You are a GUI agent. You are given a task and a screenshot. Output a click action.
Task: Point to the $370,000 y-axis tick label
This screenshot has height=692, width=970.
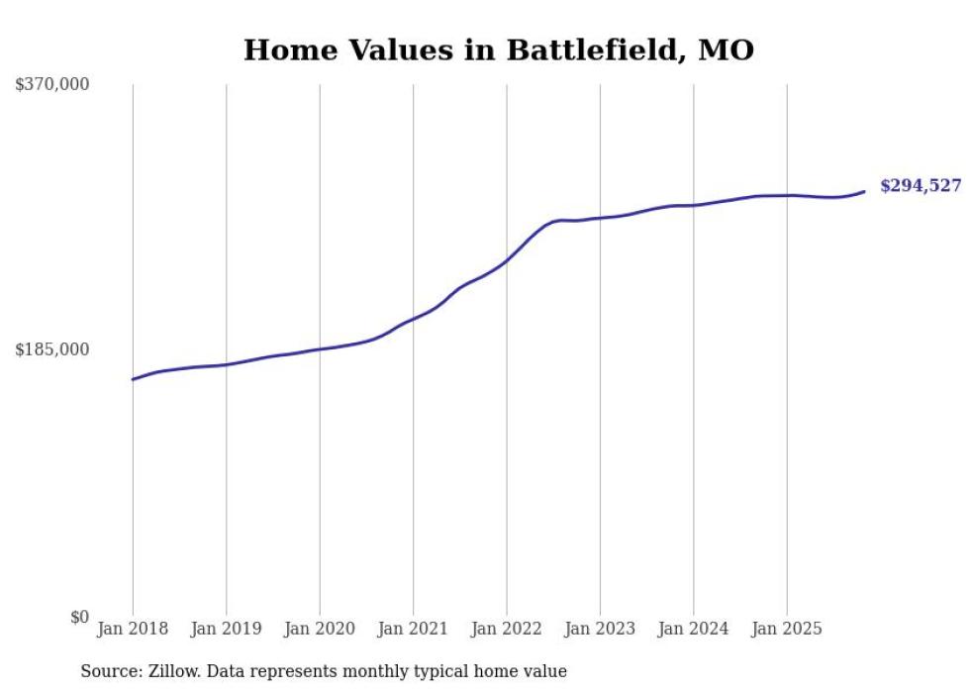point(52,85)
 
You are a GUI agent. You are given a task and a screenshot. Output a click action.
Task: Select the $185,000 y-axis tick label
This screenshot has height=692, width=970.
point(52,349)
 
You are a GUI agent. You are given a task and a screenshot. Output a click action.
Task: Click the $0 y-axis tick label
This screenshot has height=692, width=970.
point(79,617)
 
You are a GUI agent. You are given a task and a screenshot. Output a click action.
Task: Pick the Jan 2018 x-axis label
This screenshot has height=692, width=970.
point(133,629)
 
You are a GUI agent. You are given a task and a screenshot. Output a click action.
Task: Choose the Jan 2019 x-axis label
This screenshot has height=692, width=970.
point(227,629)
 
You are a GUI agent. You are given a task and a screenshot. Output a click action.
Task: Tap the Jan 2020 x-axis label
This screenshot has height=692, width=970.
point(320,629)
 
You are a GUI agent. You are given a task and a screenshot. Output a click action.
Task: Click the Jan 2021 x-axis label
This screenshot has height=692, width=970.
point(413,629)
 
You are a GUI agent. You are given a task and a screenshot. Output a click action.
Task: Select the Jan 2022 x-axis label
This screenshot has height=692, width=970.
point(507,629)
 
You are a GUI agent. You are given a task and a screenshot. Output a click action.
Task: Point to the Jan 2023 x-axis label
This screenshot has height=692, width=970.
point(600,629)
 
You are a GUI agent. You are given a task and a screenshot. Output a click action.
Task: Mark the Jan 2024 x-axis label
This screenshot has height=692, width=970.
point(693,629)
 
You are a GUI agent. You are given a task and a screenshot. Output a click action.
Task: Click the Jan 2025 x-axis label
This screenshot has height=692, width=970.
point(787,629)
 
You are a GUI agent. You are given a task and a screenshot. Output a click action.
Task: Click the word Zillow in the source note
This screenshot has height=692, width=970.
point(171,671)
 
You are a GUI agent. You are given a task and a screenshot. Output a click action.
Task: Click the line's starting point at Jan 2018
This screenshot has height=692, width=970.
point(133,379)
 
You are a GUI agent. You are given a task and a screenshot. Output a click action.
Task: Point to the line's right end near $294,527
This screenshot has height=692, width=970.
point(864,191)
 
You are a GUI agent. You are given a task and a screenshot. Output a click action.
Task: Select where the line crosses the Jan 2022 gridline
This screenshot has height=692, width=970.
point(507,259)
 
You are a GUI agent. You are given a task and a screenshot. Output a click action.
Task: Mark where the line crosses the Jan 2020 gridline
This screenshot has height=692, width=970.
point(320,348)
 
